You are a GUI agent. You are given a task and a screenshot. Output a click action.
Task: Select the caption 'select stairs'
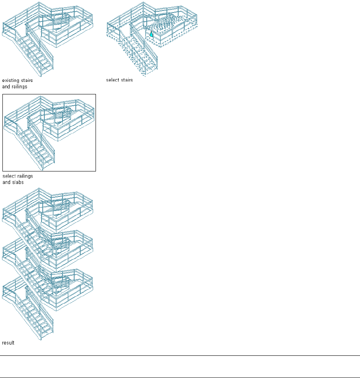click(x=119, y=80)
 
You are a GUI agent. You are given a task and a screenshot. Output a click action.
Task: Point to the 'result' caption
click(x=8, y=343)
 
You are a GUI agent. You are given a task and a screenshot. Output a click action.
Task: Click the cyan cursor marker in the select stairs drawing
click(x=151, y=35)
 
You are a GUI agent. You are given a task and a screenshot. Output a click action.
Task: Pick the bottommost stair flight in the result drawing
click(x=35, y=317)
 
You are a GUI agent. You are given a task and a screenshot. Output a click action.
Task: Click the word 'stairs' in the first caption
click(x=27, y=81)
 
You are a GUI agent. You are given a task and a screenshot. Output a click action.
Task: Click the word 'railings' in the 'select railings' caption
click(x=24, y=176)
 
